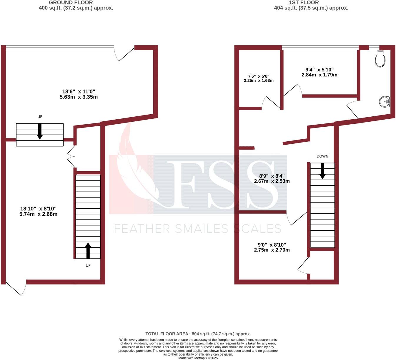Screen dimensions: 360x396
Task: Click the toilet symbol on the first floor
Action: tap(380, 59)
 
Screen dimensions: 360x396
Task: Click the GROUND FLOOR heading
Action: tap(71, 3)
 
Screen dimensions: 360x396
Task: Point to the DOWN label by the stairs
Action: tap(322, 156)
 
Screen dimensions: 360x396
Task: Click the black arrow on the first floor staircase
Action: tap(322, 171)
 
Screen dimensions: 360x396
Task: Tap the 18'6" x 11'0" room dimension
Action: tap(79, 94)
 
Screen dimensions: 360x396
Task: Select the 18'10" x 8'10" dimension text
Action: tap(38, 211)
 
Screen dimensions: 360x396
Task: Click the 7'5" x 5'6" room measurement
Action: tap(259, 78)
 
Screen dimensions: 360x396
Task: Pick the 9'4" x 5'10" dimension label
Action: tap(319, 72)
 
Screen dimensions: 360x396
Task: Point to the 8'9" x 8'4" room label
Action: tap(272, 179)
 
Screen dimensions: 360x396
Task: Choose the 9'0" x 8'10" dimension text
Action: tap(272, 247)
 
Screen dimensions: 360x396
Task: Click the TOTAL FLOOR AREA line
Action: tap(198, 334)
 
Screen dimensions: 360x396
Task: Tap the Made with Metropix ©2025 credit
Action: tap(198, 358)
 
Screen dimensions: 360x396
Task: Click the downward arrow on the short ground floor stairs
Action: tap(40, 131)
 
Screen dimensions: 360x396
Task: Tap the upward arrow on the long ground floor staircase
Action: tap(88, 250)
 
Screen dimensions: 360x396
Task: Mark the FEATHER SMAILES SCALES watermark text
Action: tap(198, 229)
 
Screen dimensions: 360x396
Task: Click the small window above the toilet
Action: tap(374, 47)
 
